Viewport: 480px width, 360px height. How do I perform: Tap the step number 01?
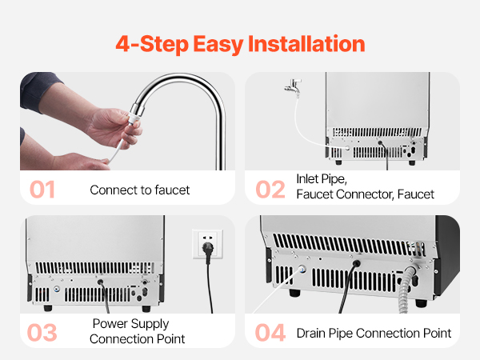click(x=42, y=190)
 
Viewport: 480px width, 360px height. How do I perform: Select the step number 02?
click(x=270, y=190)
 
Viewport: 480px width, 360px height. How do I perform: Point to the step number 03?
click(x=42, y=333)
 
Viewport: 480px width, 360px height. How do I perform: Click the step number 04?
click(x=270, y=333)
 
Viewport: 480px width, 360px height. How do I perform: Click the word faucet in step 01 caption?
click(x=172, y=190)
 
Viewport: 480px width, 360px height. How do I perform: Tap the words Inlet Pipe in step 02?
click(x=322, y=179)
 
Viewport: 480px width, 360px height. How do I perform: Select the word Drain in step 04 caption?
click(x=310, y=333)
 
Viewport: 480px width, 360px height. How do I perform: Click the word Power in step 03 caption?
click(x=107, y=323)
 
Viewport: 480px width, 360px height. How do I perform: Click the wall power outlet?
click(x=207, y=244)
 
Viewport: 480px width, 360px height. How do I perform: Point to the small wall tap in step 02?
click(x=294, y=86)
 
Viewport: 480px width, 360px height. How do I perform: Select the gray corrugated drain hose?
click(x=406, y=290)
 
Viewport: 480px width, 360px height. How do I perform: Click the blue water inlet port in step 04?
click(x=302, y=270)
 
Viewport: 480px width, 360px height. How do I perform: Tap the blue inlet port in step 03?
click(x=57, y=289)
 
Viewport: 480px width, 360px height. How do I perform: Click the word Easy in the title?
click(x=218, y=44)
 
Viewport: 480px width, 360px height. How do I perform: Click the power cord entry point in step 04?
click(x=356, y=263)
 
